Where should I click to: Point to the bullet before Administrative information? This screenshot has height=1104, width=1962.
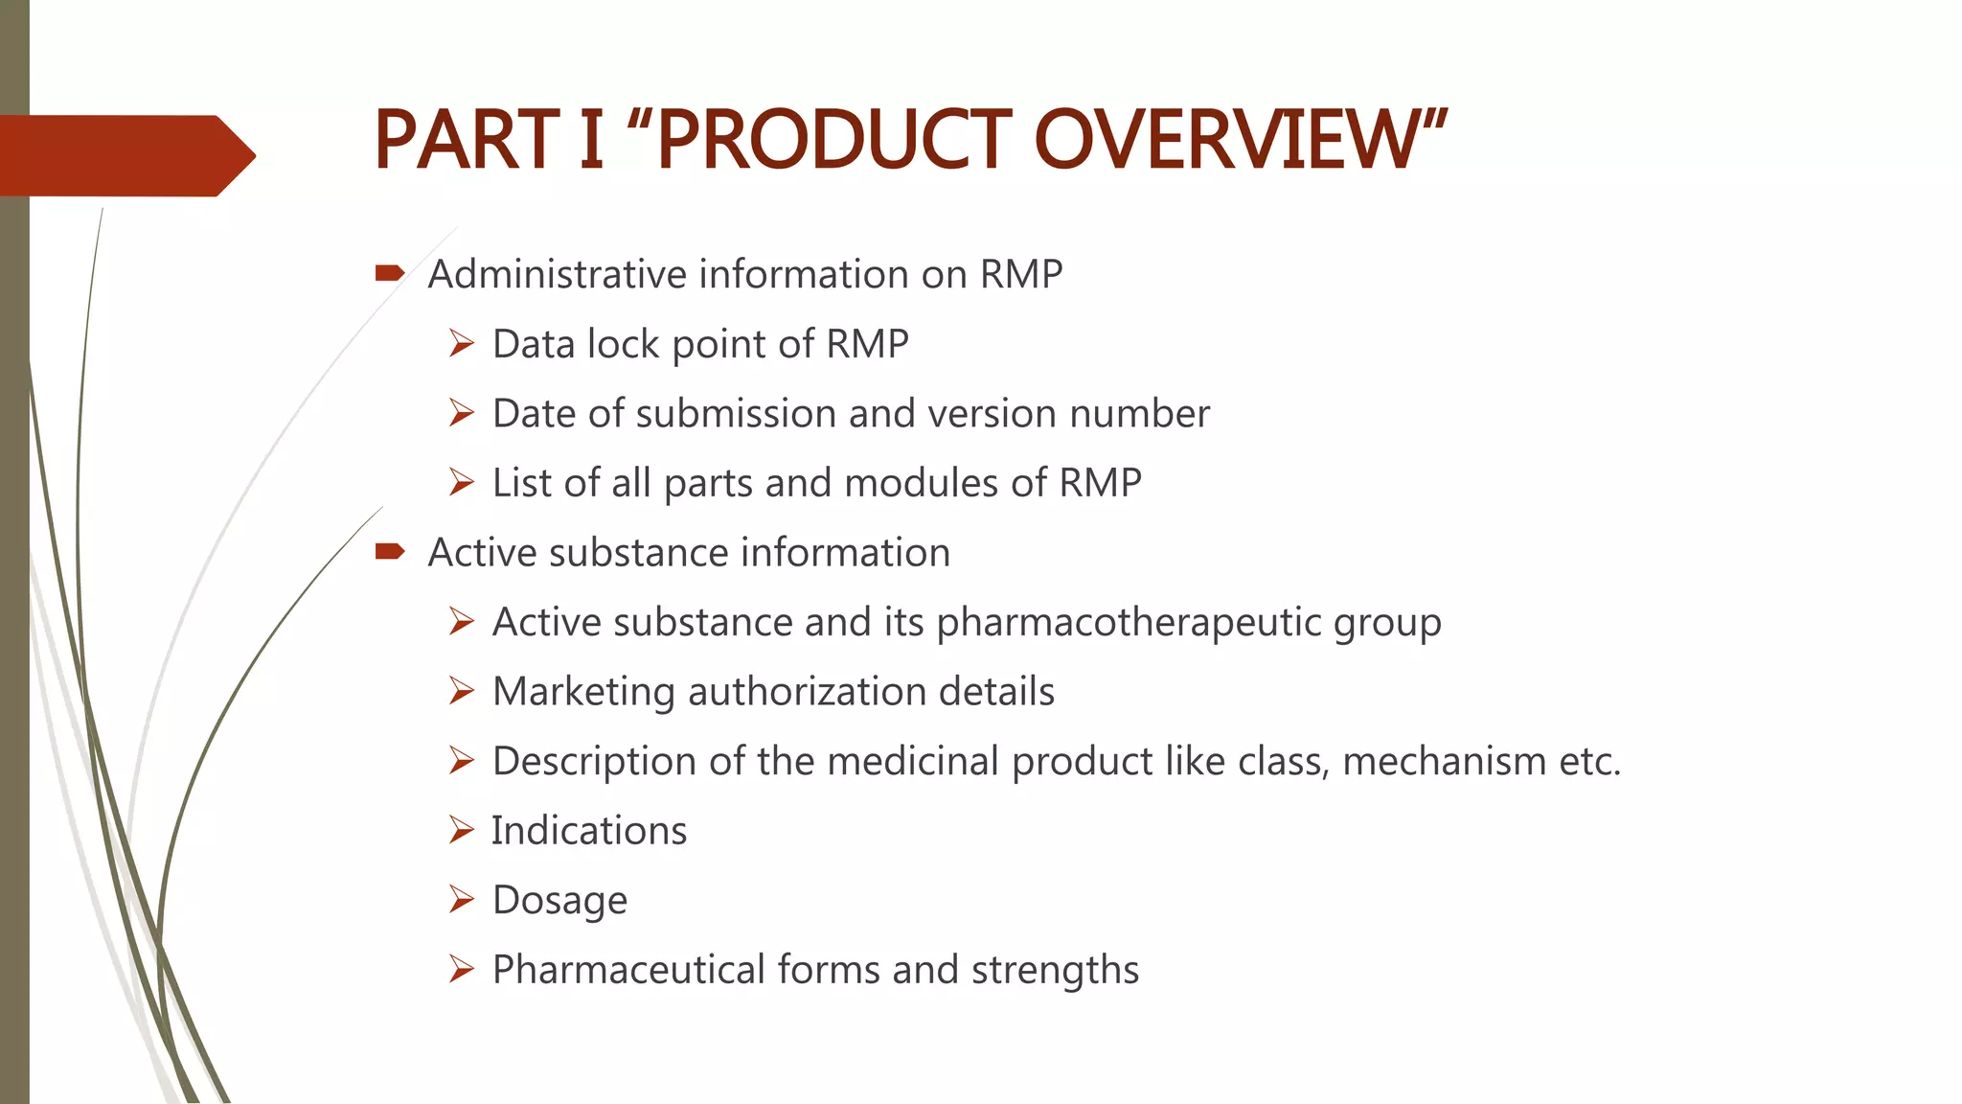(390, 274)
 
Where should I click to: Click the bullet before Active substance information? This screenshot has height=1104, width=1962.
(390, 551)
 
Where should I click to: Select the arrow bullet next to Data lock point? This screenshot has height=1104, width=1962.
(462, 343)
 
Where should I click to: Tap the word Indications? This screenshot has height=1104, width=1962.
(589, 831)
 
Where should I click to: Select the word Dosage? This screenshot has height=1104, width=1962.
(559, 901)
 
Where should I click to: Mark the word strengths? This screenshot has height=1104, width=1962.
(1055, 970)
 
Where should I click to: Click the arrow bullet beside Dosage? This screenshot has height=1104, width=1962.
(462, 899)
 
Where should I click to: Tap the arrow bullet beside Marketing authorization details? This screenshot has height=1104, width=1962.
(462, 691)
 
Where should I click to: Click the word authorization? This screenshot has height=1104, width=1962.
(807, 692)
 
